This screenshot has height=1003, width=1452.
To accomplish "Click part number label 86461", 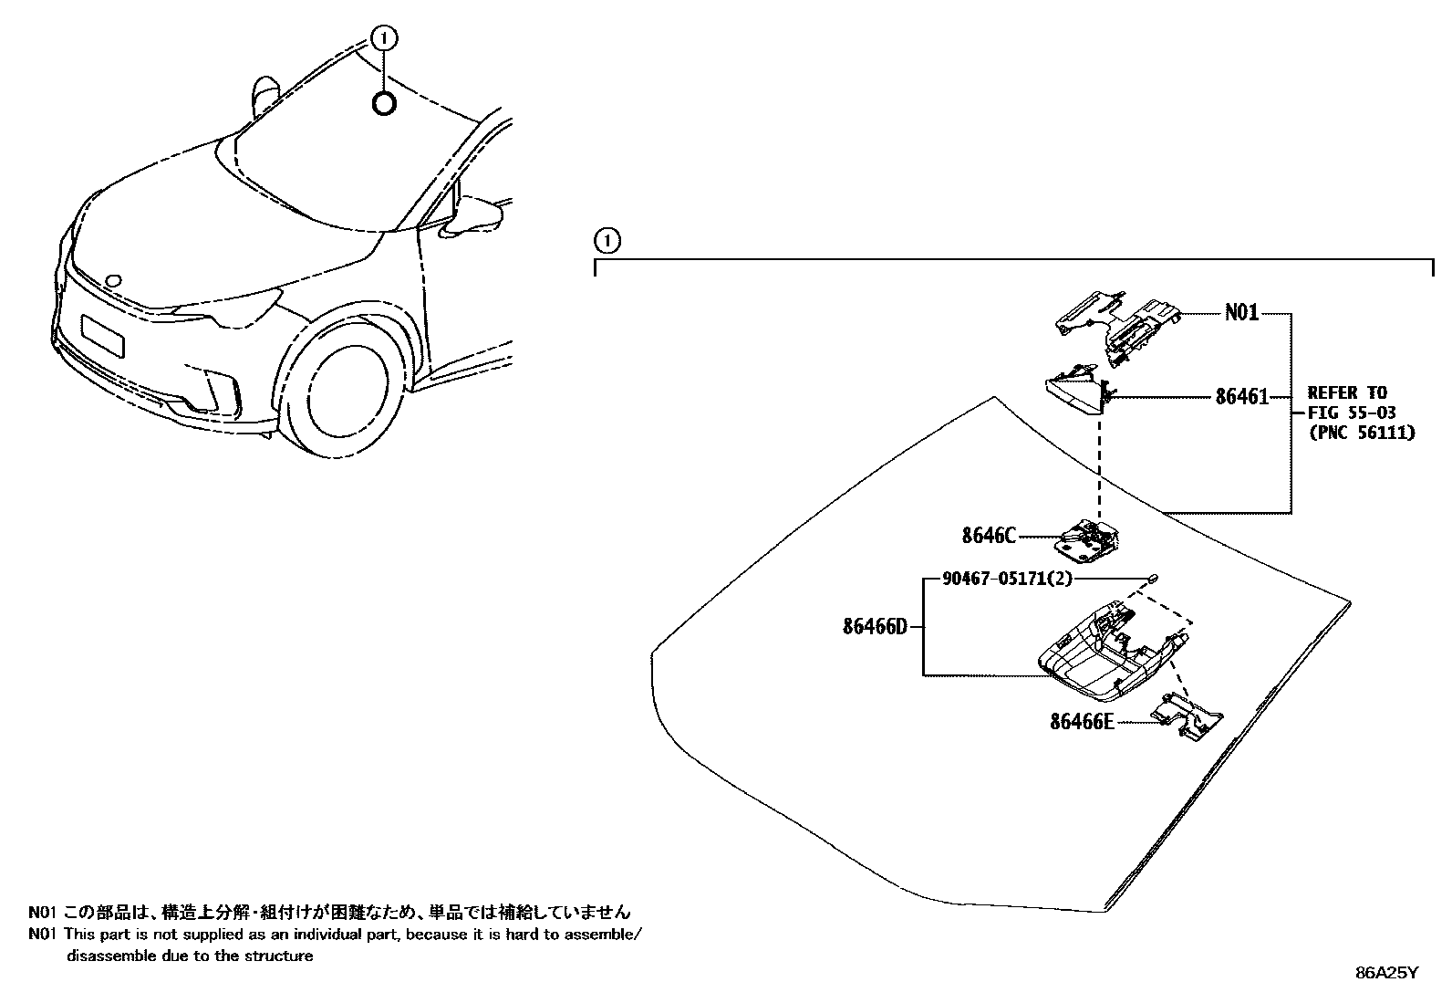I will tap(1241, 397).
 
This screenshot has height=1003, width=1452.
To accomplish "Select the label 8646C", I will tap(988, 536).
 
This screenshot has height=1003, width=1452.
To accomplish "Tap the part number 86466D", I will tap(875, 627).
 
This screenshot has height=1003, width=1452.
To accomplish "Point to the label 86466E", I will tap(1082, 722).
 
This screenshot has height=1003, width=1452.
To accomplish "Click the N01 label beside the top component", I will tap(1240, 313).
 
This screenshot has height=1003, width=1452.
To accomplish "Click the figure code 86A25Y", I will tap(1387, 973).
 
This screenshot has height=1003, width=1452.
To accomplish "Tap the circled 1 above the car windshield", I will tap(385, 37).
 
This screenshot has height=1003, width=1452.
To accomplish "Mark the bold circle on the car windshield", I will tap(384, 104).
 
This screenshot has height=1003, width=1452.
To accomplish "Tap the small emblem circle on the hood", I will tap(113, 280).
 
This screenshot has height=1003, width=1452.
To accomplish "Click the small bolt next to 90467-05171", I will tap(1153, 577).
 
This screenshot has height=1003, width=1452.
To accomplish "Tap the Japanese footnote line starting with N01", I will tap(328, 912).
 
